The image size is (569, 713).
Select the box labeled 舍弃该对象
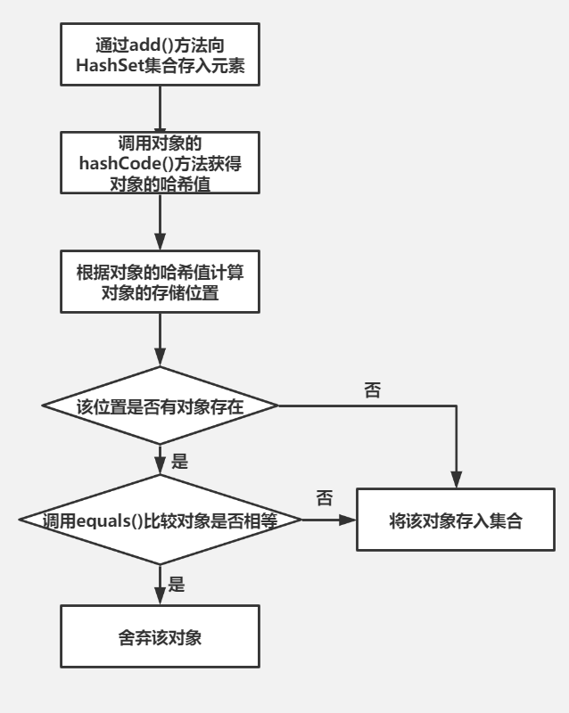[160, 636]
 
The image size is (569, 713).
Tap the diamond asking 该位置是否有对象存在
[160, 406]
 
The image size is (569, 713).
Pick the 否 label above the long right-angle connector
[373, 390]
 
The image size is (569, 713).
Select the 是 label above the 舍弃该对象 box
[177, 585]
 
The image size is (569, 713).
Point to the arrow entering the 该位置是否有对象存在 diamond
[160, 342]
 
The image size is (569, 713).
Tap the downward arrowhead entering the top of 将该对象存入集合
[457, 480]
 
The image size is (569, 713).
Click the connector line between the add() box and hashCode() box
[160, 108]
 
